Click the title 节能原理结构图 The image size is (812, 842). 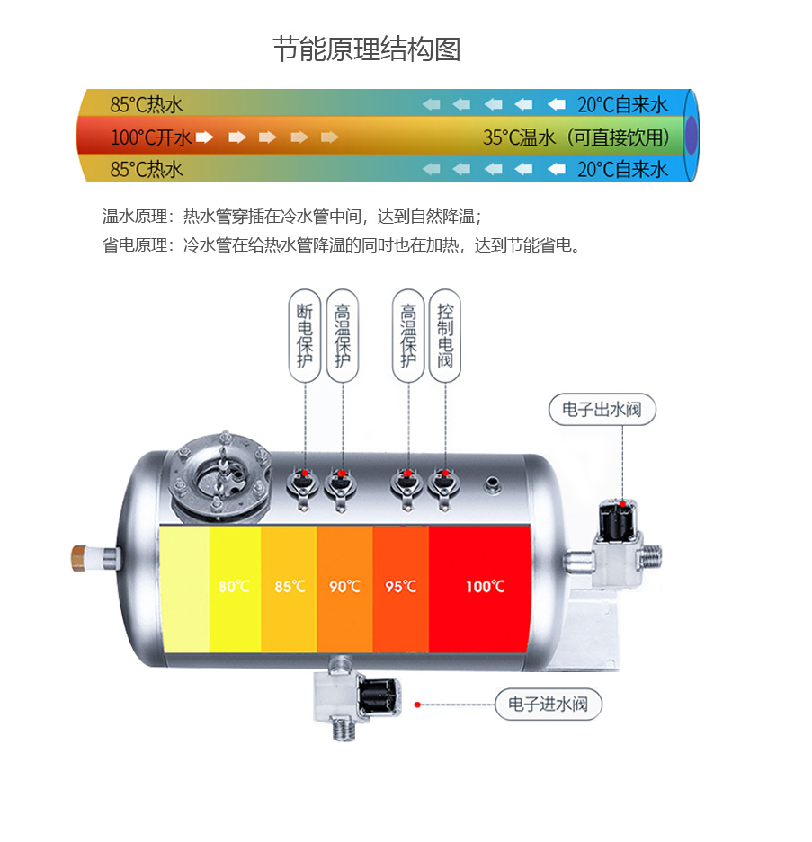tap(366, 49)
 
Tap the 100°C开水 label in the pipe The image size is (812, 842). tap(151, 137)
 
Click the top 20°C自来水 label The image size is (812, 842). tap(622, 104)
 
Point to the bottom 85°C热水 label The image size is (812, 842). tap(147, 169)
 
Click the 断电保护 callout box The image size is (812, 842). tap(306, 335)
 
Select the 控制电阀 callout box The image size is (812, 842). tap(445, 335)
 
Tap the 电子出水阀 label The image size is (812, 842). tap(602, 410)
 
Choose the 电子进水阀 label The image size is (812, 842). tap(548, 704)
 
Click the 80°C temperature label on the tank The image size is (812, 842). tap(235, 587)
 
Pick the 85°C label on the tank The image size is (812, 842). tap(290, 587)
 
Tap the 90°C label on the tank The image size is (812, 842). tap(344, 587)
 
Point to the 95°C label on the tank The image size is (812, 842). tap(400, 587)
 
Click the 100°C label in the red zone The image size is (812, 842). tap(485, 587)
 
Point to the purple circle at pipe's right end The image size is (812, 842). tap(691, 137)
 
